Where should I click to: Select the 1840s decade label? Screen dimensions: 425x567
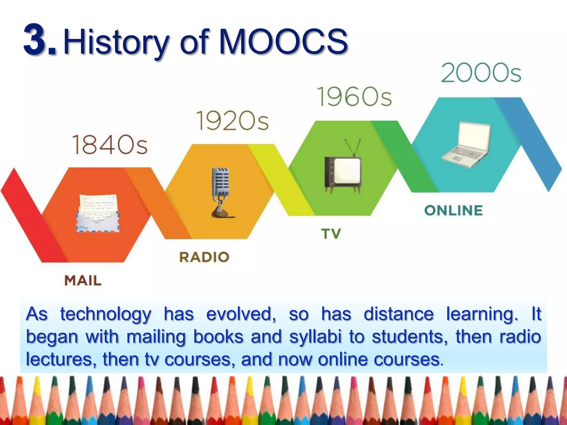[x=110, y=145]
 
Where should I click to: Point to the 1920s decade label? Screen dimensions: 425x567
[x=232, y=121]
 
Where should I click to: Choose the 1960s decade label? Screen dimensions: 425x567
[x=354, y=97]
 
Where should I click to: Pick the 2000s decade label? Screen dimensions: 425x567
[x=481, y=73]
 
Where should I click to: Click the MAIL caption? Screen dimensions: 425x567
[x=83, y=281]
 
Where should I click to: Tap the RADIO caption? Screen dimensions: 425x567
[x=204, y=257]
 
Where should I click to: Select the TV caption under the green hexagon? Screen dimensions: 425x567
[x=331, y=234]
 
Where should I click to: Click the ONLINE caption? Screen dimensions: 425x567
[x=453, y=211]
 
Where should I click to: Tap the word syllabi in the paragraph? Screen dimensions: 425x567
[x=315, y=337]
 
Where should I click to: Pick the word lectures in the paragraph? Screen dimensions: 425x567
[x=61, y=359]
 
